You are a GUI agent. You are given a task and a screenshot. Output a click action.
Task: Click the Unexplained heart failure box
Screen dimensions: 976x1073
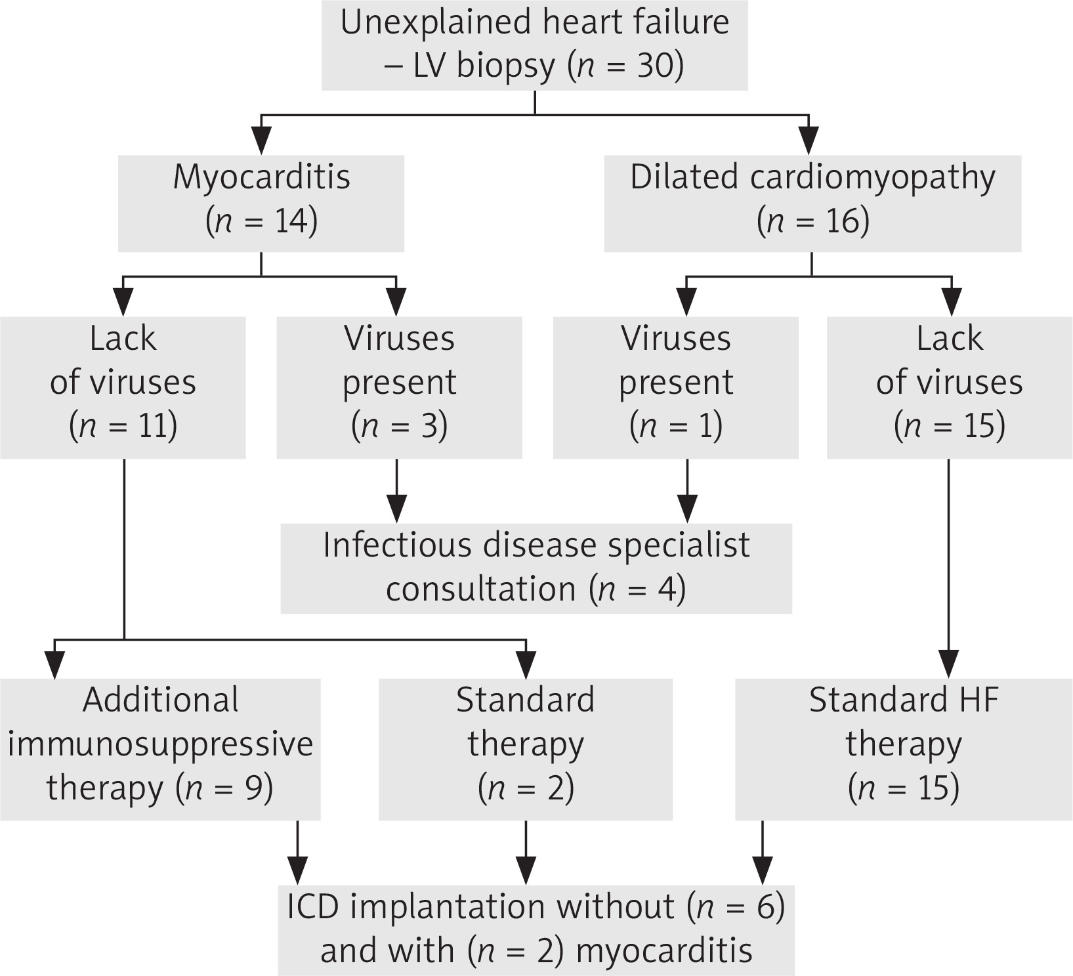(534, 44)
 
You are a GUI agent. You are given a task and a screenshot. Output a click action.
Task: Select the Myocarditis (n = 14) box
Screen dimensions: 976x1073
(261, 203)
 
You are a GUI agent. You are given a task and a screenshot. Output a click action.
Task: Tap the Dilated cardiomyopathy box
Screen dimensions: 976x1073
(812, 203)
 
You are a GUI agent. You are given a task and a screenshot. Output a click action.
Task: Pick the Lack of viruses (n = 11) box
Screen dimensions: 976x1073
(123, 387)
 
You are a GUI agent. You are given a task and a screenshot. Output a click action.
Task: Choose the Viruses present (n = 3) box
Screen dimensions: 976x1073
(399, 387)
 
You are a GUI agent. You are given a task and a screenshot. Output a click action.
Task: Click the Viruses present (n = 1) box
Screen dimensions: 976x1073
(676, 387)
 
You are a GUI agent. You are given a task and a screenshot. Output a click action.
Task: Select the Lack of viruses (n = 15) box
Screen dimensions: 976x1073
(949, 387)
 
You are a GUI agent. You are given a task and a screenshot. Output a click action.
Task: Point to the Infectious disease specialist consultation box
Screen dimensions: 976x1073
(536, 568)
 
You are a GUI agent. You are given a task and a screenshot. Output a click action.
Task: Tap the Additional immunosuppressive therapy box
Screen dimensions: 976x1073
(160, 749)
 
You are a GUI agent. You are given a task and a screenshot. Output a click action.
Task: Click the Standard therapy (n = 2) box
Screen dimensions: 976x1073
(526, 749)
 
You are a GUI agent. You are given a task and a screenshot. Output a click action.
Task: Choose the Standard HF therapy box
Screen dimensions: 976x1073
(903, 749)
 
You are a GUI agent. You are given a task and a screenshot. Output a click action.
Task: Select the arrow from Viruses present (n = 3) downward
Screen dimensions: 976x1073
(396, 492)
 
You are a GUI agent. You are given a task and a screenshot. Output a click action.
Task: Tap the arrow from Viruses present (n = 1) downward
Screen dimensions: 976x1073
(687, 492)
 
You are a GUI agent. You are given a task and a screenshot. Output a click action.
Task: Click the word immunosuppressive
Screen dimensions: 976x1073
(160, 744)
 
